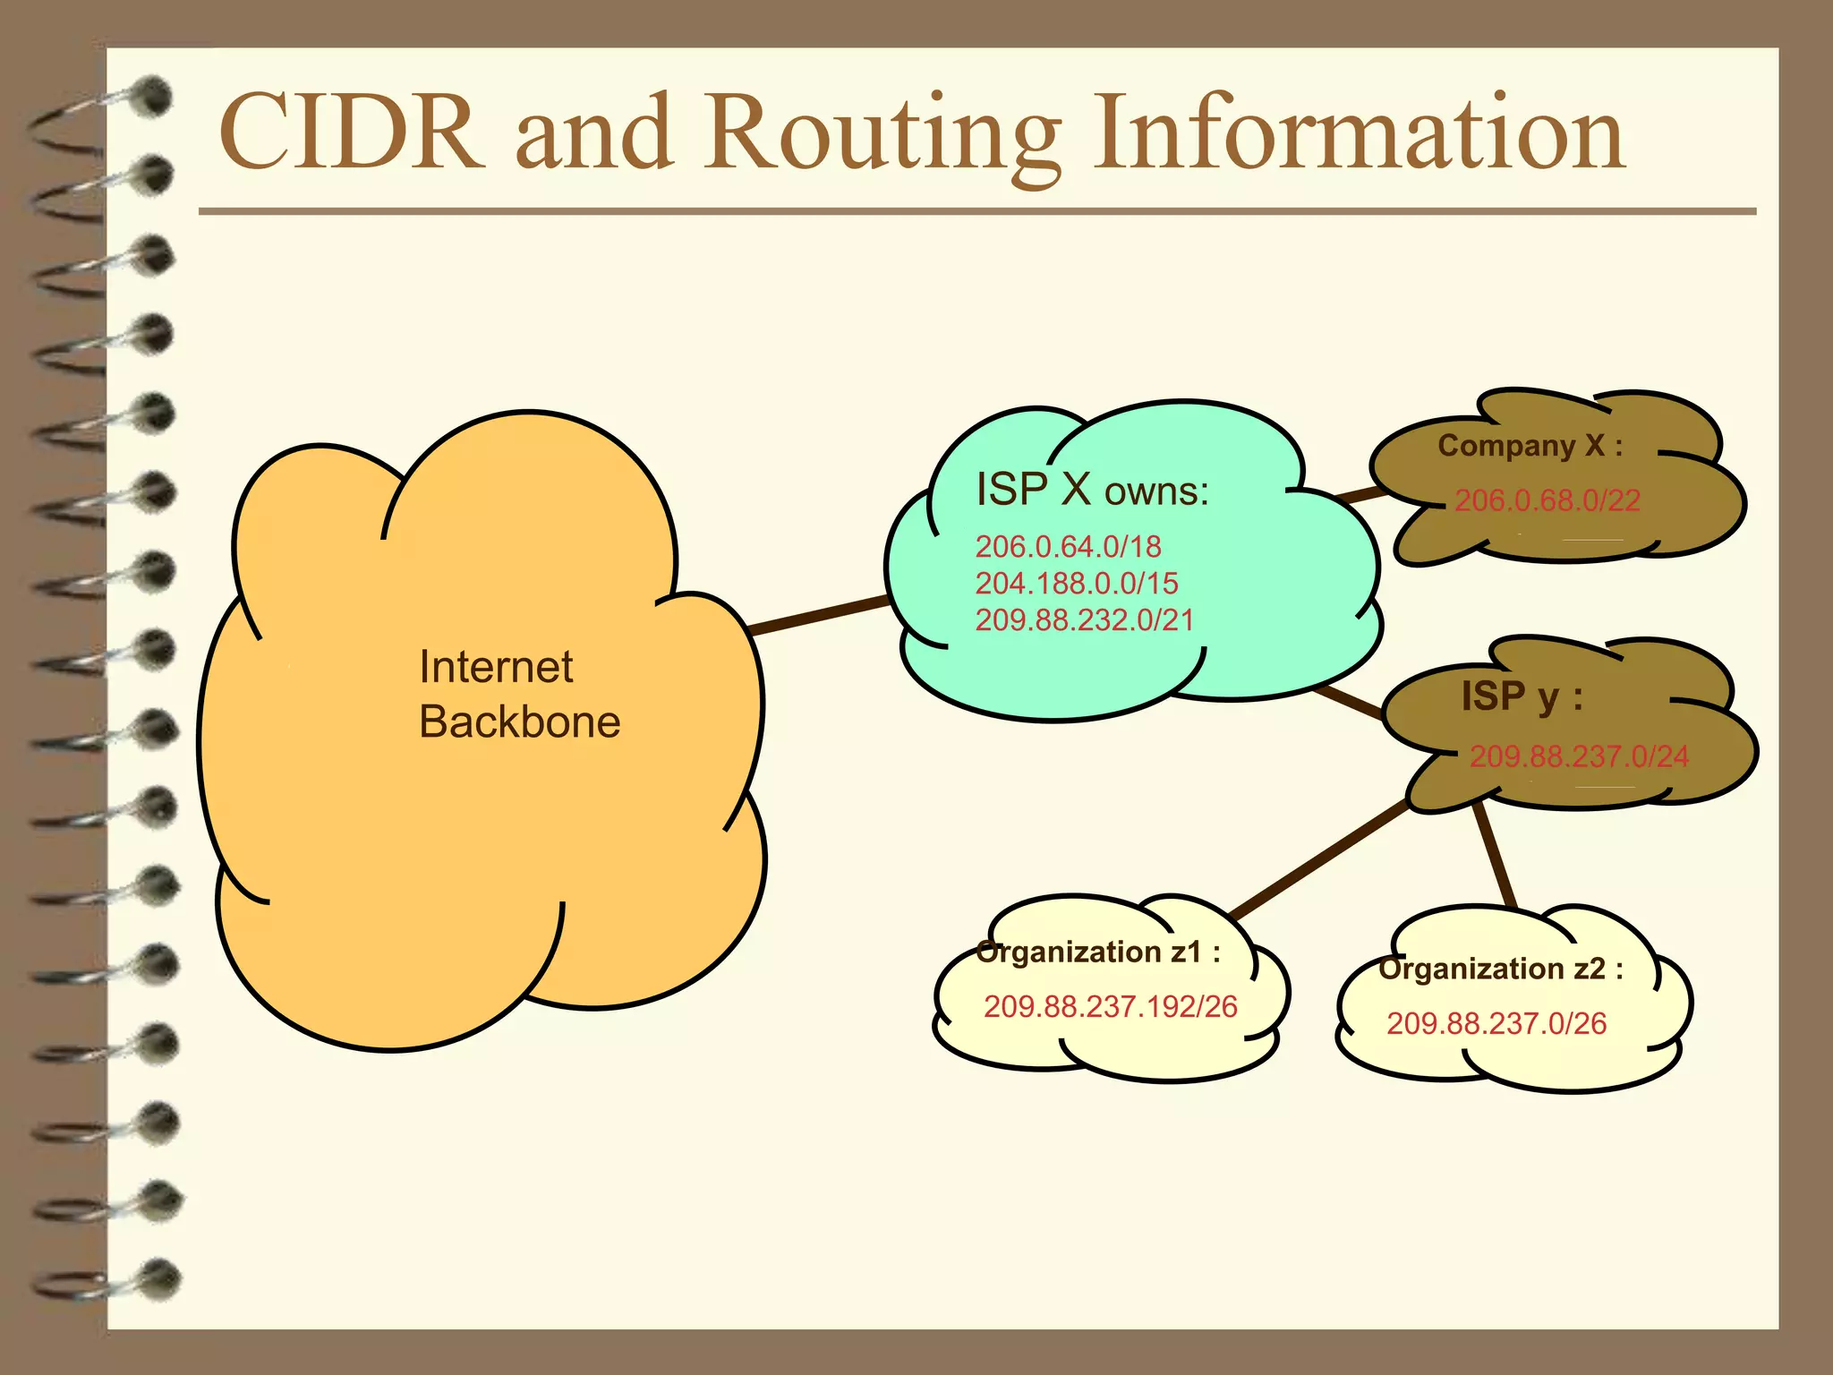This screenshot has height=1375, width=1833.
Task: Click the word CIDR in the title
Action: pos(351,132)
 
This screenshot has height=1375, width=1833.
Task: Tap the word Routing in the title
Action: pos(882,134)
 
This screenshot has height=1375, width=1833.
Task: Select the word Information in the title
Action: pos(1359,132)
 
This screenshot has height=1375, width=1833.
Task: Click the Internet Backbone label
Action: pos(519,694)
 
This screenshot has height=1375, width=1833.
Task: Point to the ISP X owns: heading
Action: pos(1092,491)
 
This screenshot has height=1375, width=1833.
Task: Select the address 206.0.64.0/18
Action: pos(1068,546)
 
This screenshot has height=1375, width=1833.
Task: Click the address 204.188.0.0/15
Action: pos(1077,583)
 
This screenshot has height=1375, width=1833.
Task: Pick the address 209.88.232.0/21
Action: pos(1085,619)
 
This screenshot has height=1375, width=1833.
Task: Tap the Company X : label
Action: pos(1530,446)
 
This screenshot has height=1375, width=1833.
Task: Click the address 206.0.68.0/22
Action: pos(1547,500)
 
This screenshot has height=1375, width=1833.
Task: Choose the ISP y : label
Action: pos(1522,696)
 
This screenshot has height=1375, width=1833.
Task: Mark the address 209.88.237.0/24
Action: pos(1579,756)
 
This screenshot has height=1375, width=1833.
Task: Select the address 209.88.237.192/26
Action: pos(1111,1006)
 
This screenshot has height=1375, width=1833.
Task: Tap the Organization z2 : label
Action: pos(1501,969)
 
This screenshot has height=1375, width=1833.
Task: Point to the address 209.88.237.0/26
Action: pos(1496,1022)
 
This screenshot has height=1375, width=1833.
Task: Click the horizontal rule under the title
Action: pos(976,212)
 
